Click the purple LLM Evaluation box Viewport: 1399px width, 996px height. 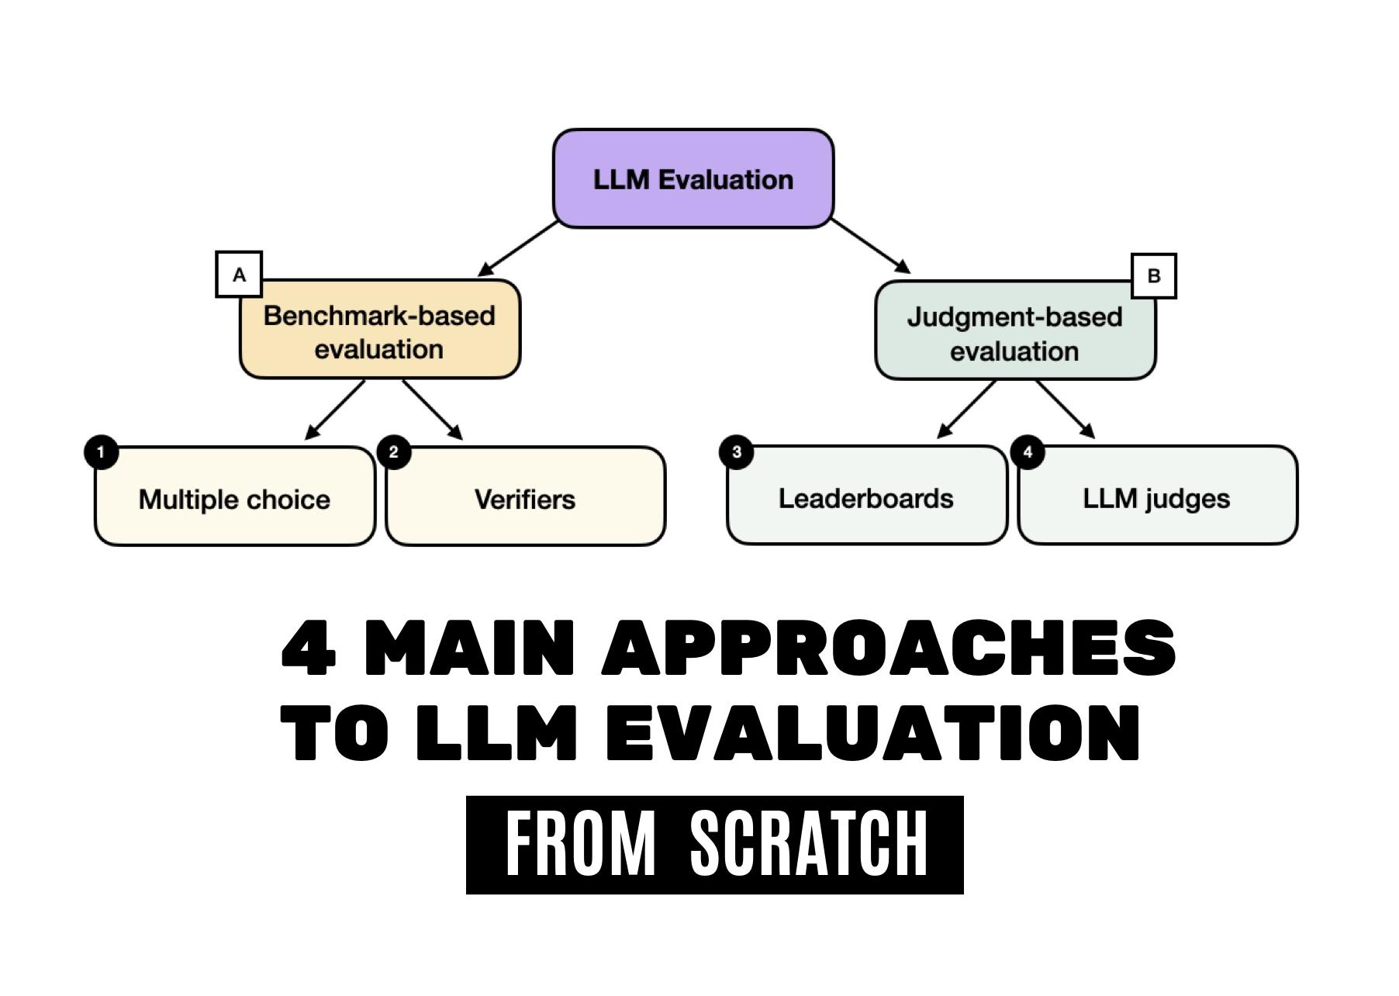pyautogui.click(x=693, y=179)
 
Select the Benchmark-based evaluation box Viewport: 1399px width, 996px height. pyautogui.click(x=379, y=332)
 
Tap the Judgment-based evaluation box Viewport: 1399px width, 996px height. pyautogui.click(x=1014, y=334)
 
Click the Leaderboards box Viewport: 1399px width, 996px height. pyautogui.click(x=865, y=497)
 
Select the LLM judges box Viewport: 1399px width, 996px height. pyautogui.click(x=1156, y=497)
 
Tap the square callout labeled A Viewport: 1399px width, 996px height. pyautogui.click(x=239, y=275)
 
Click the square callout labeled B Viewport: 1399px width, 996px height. pyautogui.click(x=1153, y=275)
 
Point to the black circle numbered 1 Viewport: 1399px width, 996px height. pyautogui.click(x=101, y=452)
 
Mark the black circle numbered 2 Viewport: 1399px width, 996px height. pyautogui.click(x=393, y=452)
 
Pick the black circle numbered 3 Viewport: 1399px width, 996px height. pyautogui.click(x=736, y=451)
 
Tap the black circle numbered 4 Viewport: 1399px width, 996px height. pyautogui.click(x=1028, y=451)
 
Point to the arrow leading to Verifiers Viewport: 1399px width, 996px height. pyautogui.click(x=432, y=410)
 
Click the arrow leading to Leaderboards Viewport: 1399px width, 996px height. pyautogui.click(x=966, y=409)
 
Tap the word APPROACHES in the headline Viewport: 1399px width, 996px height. pyautogui.click(x=889, y=648)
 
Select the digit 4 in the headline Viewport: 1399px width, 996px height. pyautogui.click(x=309, y=648)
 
